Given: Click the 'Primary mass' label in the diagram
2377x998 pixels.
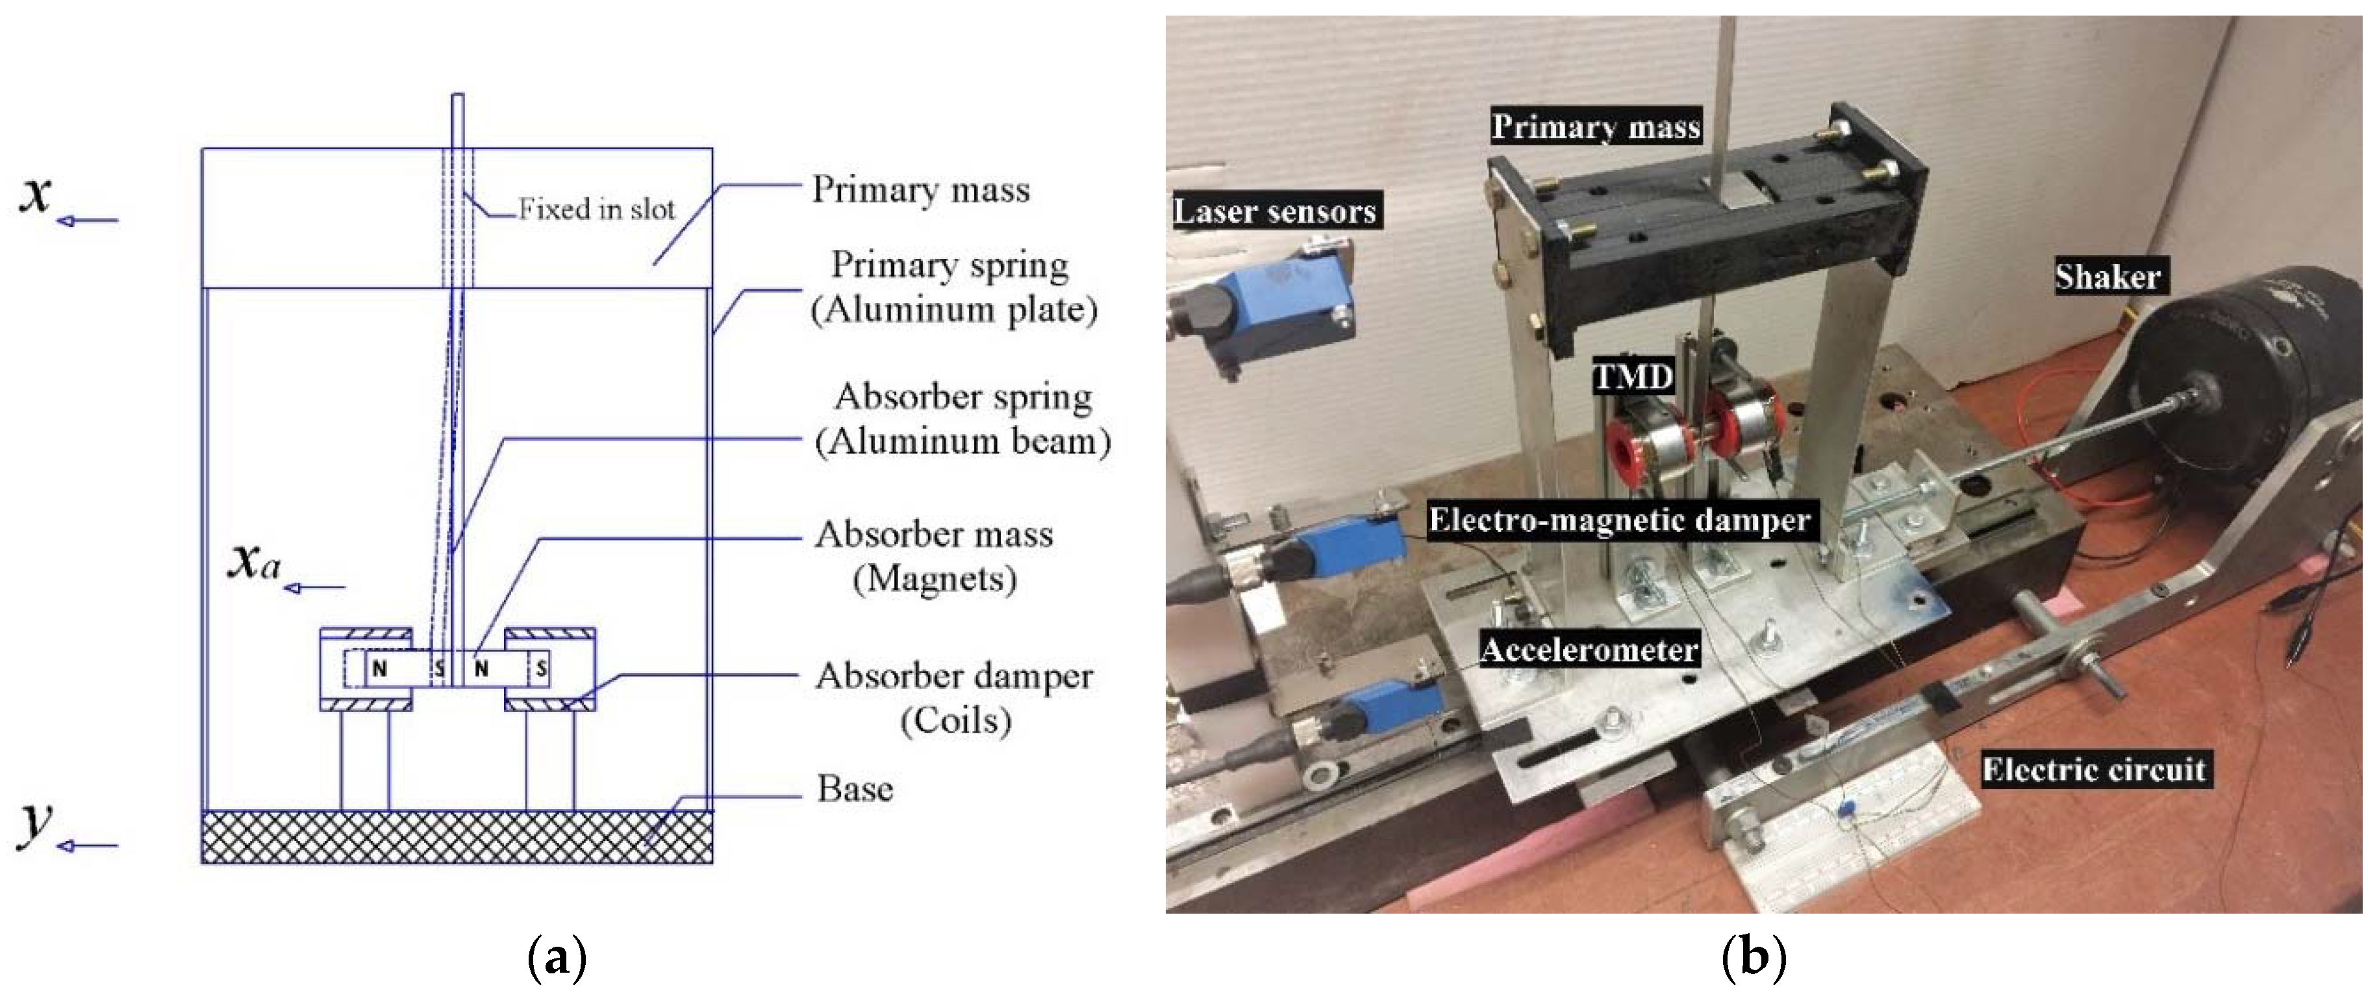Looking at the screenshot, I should coord(920,190).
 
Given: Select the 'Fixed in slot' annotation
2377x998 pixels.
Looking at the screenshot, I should coord(596,210).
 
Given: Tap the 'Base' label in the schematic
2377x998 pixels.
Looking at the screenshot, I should coord(855,788).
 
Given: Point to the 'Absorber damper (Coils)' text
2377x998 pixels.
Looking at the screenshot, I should coord(954,698).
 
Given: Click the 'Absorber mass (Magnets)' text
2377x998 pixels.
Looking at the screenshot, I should coord(934,556).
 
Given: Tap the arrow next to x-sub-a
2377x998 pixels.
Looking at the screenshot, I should coord(314,587).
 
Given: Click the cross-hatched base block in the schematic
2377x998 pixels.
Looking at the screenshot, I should coord(457,836).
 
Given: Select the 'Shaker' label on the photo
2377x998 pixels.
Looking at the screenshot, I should coord(2107,276).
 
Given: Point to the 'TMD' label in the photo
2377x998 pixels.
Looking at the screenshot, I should coord(1633,376).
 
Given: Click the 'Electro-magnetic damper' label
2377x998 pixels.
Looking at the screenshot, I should coord(1620,520).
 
